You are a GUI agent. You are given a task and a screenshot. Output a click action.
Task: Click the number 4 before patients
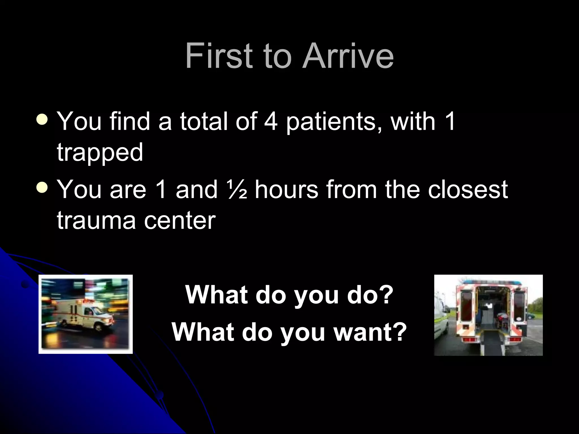pyautogui.click(x=271, y=121)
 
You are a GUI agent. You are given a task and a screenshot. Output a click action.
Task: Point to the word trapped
pyautogui.click(x=100, y=153)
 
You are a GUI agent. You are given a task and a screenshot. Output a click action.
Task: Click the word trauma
pyautogui.click(x=96, y=221)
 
